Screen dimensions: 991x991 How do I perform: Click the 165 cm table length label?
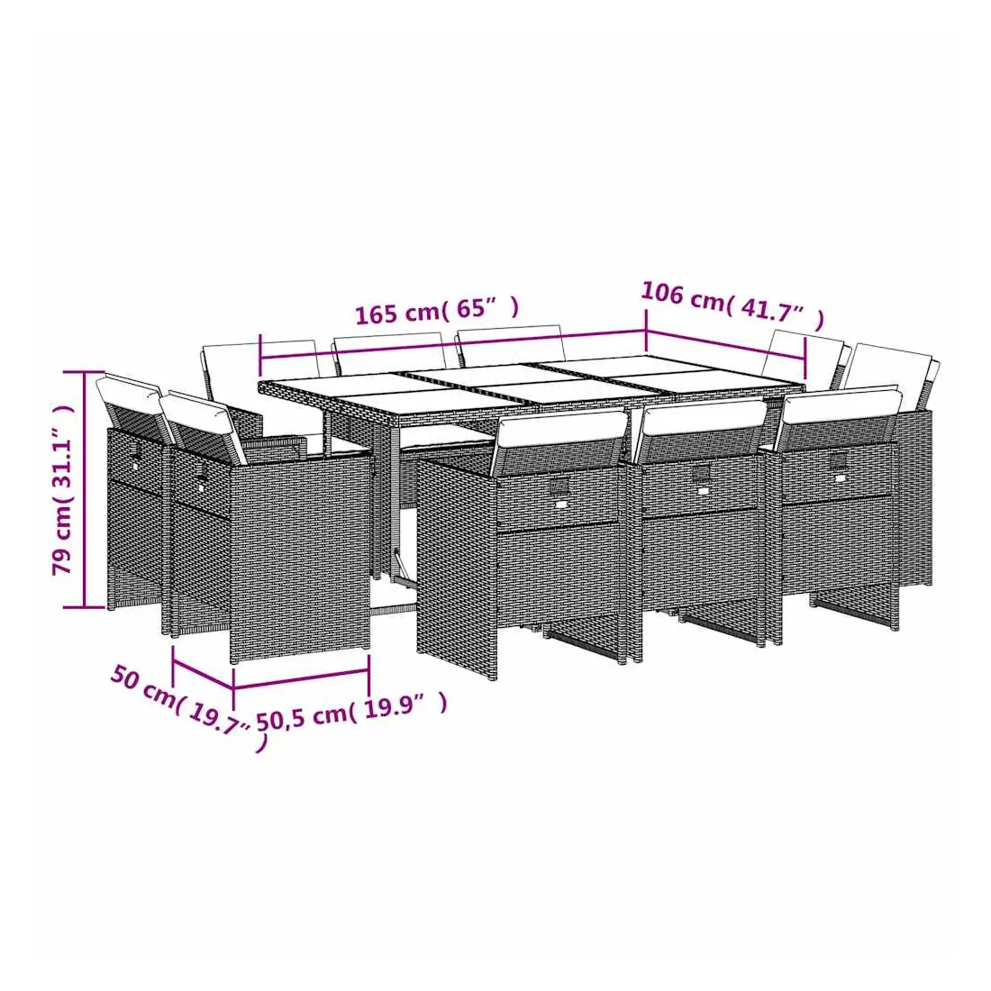437,310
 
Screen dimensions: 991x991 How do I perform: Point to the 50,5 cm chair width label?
351,714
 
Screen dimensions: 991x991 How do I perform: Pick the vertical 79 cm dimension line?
84,490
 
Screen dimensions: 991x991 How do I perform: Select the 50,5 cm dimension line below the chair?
302,678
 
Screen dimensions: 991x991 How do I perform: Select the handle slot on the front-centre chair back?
700,472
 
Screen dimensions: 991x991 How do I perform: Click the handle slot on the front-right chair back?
838,459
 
